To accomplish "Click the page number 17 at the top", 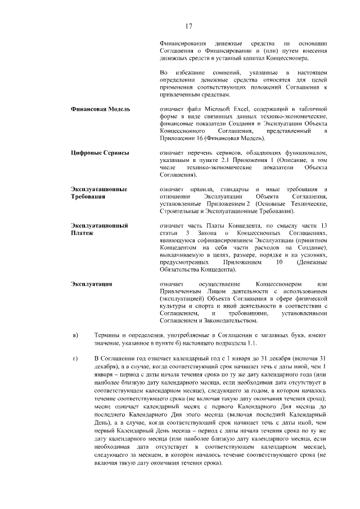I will [x=189, y=26].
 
